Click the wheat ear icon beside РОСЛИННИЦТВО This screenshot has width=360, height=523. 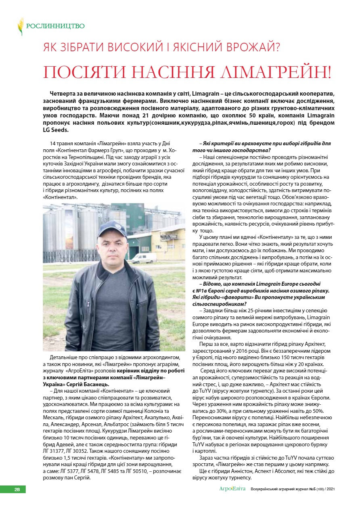tap(20, 26)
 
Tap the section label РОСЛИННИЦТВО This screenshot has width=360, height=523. tap(55, 26)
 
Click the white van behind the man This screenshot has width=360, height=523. tap(144, 258)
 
